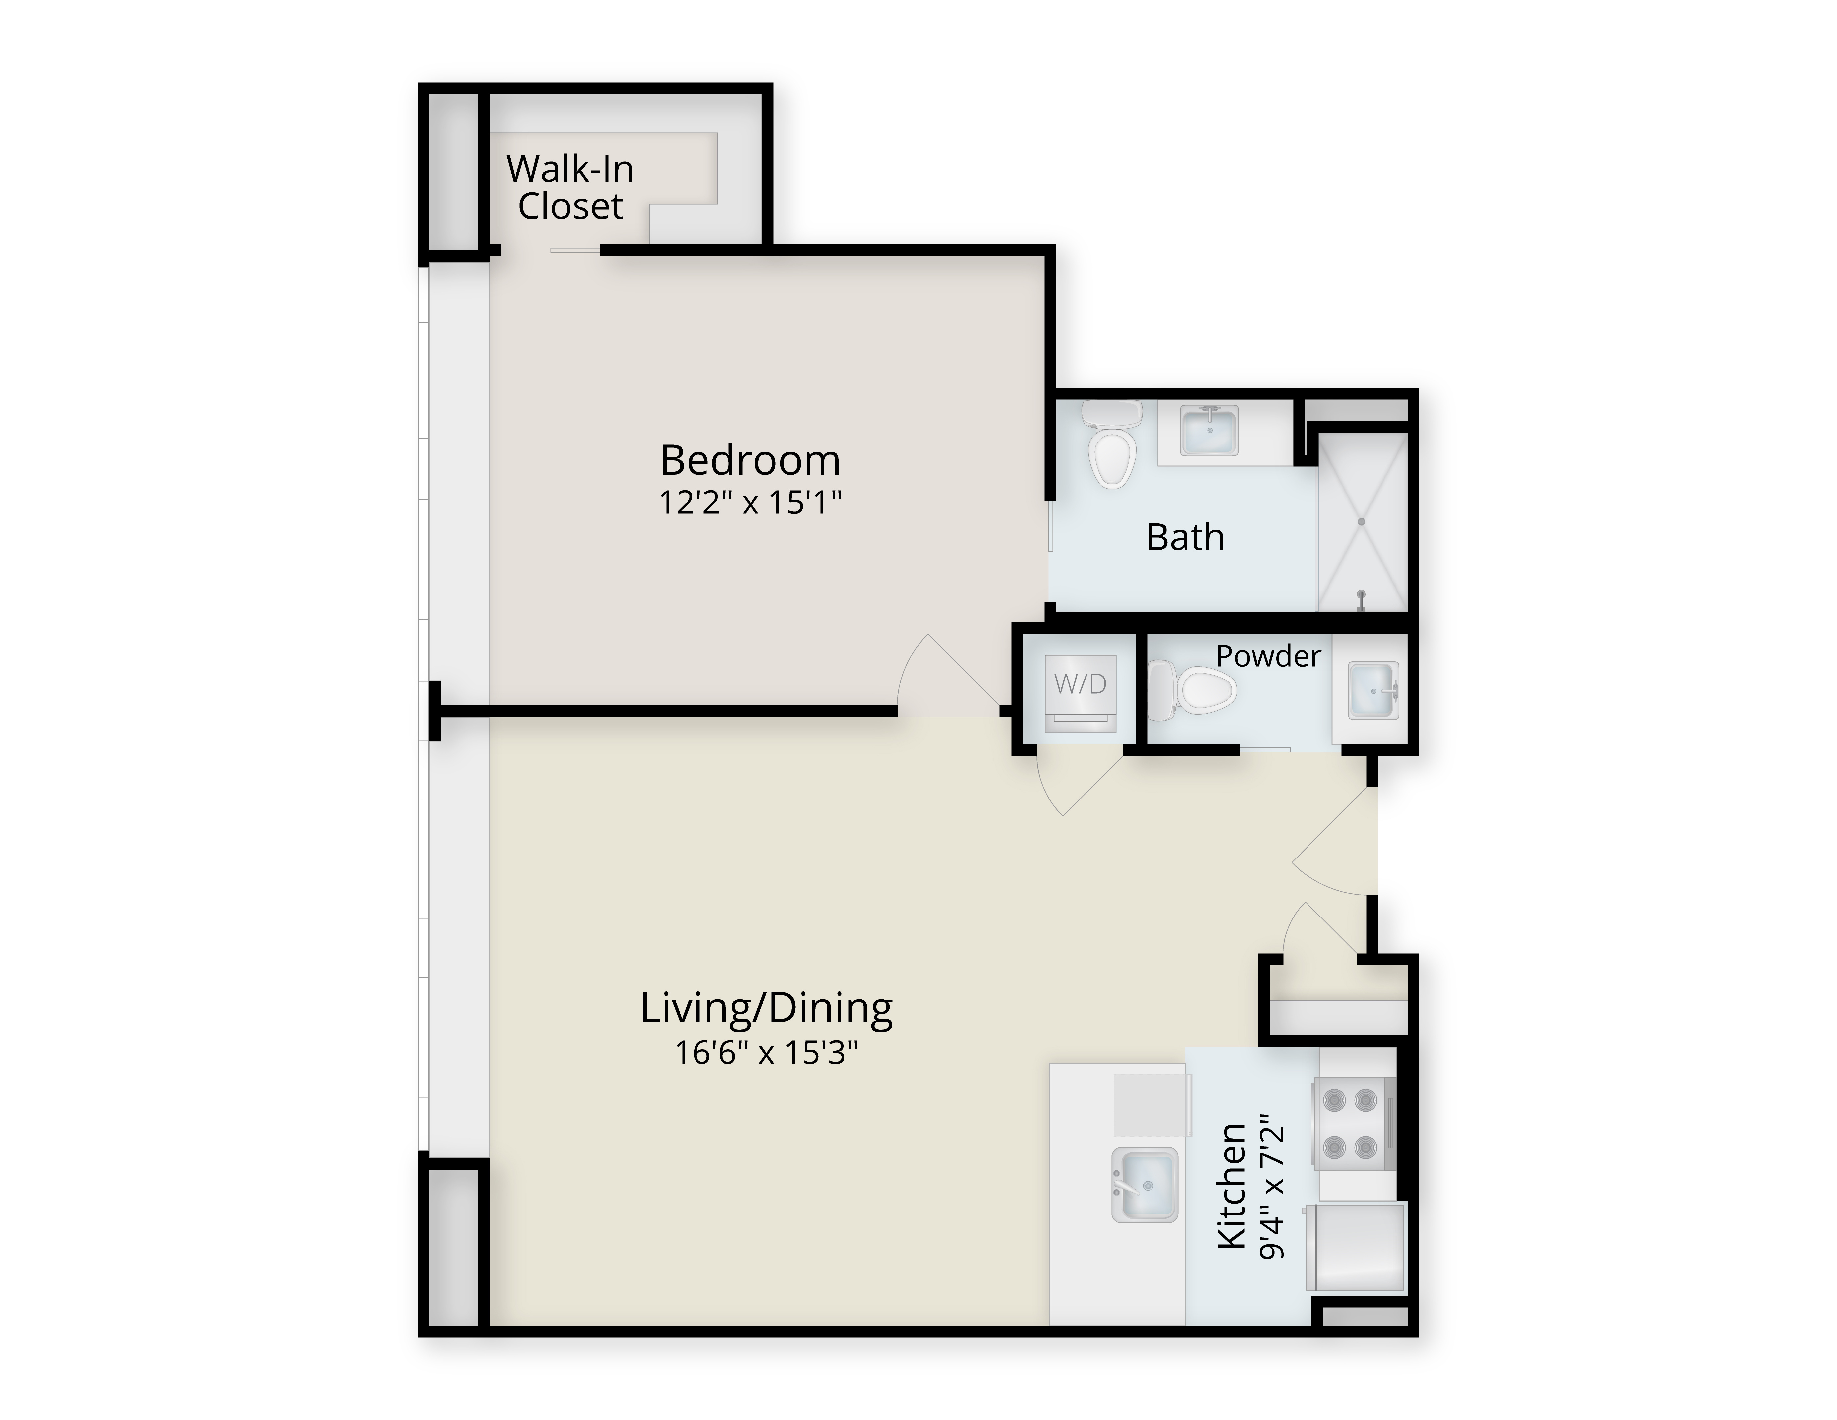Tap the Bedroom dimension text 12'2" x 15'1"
[x=750, y=503]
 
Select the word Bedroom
[x=750, y=460]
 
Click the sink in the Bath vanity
[x=1209, y=430]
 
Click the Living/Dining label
[x=766, y=1008]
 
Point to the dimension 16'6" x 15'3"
[x=766, y=1052]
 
